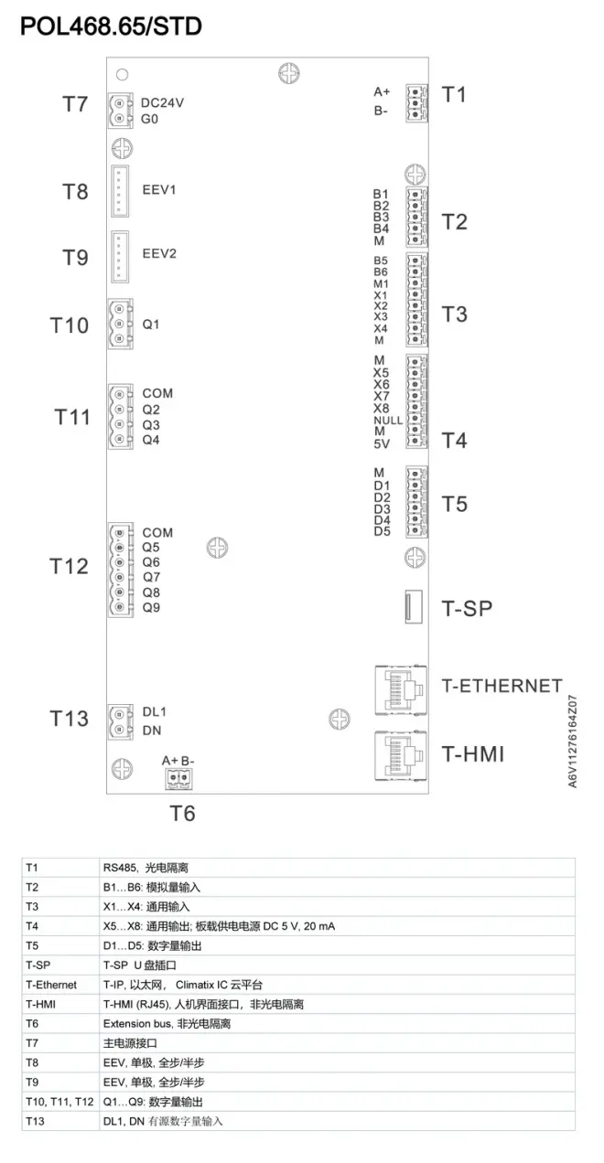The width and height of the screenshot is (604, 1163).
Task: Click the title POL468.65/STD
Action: coord(111,27)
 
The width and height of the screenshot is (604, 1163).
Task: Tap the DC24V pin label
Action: coord(163,102)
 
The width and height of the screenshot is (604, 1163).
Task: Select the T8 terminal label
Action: coord(75,191)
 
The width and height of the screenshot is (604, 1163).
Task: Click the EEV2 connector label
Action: coord(159,253)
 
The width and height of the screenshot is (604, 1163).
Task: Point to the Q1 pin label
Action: coord(151,324)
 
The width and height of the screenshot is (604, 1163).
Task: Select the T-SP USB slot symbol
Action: coord(412,606)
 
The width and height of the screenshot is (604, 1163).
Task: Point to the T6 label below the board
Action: coord(183,813)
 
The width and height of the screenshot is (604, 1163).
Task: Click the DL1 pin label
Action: coord(155,711)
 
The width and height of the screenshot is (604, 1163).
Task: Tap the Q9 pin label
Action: coord(151,607)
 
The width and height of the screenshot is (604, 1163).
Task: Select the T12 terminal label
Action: coord(69,567)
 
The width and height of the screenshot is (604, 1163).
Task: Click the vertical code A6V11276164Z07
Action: coord(574,742)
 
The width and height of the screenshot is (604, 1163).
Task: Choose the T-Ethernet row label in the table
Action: coord(52,985)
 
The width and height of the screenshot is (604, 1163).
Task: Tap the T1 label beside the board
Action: coord(454,94)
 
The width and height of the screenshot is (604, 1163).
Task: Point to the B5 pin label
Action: coord(381,261)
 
